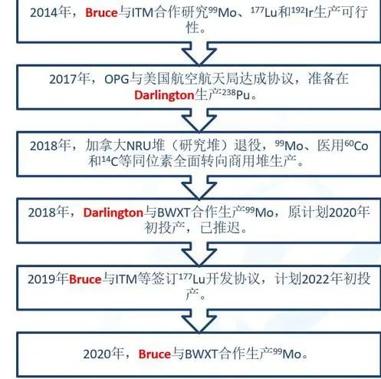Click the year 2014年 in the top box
click(x=50, y=12)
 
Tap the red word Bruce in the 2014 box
click(x=101, y=13)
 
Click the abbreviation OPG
click(x=117, y=79)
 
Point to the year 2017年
click(x=69, y=79)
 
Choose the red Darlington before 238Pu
click(x=164, y=95)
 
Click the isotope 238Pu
click(x=235, y=95)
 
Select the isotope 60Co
click(x=356, y=146)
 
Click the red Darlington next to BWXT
click(x=113, y=213)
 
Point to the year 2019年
click(x=48, y=279)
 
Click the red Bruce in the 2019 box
click(x=85, y=279)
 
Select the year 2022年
click(x=322, y=278)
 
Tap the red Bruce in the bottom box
click(x=155, y=354)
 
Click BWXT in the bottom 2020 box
click(x=201, y=354)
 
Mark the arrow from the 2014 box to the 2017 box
click(x=199, y=54)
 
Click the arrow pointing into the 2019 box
click(x=199, y=254)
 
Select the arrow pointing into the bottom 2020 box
click(x=199, y=321)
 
